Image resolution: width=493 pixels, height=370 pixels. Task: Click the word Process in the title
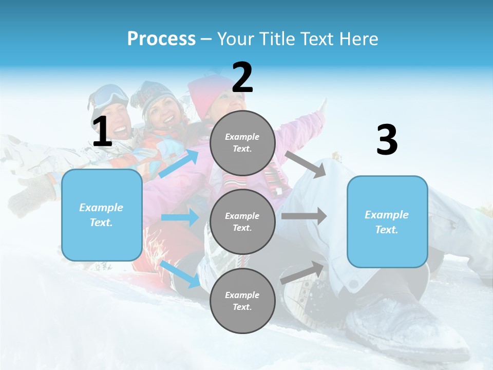coord(161,39)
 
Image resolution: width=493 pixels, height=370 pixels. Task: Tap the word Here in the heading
coord(356,39)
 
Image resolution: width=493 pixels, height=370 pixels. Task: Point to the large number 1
coord(102,132)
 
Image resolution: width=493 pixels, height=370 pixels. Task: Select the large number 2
coord(242,78)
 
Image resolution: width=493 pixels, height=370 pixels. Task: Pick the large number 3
coord(387,140)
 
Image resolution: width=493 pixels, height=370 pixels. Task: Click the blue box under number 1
coord(102,215)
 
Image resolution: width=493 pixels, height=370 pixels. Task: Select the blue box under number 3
coord(387,222)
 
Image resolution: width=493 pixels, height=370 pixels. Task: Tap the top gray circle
coord(242,143)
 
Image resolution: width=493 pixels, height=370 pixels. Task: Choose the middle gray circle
coord(242,221)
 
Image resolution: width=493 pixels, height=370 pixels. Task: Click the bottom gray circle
coord(242,301)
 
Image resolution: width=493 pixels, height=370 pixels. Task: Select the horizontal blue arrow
coord(180,217)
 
